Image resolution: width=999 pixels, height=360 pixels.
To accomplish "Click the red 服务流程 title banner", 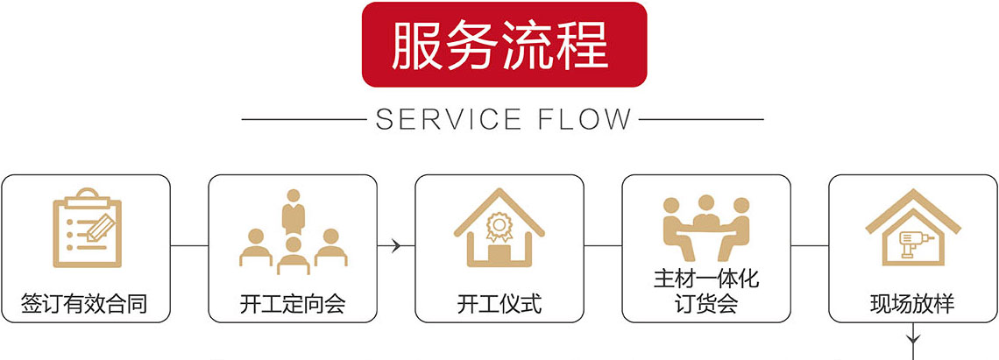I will [x=505, y=45].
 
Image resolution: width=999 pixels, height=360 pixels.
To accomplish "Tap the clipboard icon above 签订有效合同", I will [x=86, y=228].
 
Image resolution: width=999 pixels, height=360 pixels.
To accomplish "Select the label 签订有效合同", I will [x=84, y=304].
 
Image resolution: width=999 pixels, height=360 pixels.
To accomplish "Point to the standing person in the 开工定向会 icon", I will [x=292, y=211].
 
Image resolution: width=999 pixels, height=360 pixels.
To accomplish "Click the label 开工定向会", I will [x=293, y=304].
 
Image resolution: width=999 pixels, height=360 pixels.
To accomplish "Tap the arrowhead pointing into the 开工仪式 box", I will [x=396, y=246].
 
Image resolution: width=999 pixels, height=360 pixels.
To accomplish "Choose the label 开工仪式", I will [x=499, y=304].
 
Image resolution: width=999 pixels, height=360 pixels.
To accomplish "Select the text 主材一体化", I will [x=705, y=279].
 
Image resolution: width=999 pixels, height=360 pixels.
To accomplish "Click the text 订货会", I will [x=706, y=304].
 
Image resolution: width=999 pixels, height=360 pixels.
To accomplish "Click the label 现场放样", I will [x=912, y=304].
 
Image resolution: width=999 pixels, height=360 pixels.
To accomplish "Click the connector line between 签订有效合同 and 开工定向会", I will [x=189, y=246].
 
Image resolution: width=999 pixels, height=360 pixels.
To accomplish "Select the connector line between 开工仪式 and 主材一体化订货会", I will [x=603, y=246].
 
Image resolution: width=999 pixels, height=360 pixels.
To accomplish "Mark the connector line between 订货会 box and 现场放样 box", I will [x=810, y=246].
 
